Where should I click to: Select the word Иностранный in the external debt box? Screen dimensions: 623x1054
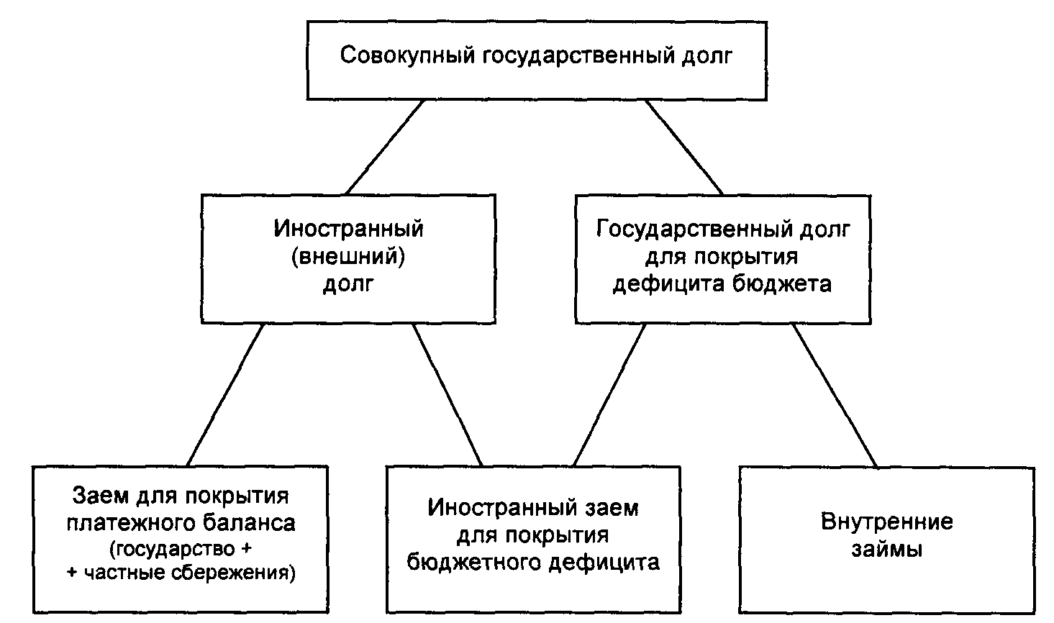point(348,229)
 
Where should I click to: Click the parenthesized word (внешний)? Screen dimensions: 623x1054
point(348,256)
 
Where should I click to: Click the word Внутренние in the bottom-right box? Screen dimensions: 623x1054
point(886,522)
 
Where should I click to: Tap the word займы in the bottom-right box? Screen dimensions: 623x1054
point(886,550)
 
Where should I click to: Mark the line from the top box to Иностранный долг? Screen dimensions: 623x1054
point(385,147)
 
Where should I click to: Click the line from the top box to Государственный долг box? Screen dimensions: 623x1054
point(683,147)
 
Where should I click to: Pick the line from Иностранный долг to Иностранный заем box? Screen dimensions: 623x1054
point(447,394)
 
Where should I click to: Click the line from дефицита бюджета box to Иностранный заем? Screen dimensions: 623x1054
point(609,394)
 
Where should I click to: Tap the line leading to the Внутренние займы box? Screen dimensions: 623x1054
point(835,394)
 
